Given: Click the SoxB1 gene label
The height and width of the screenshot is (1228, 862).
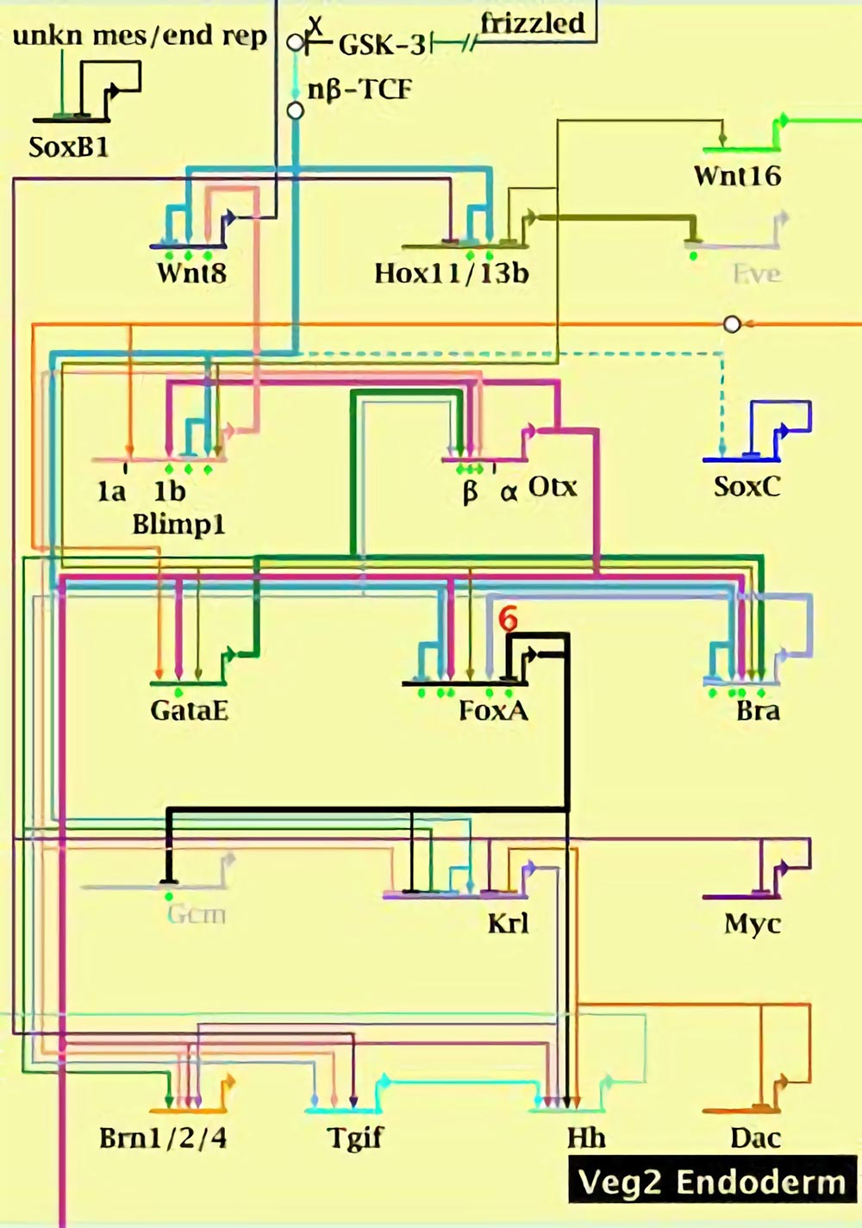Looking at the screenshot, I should [x=69, y=147].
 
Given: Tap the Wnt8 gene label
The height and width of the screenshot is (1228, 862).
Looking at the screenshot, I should [x=191, y=273].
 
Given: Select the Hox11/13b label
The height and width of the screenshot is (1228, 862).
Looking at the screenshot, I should [x=451, y=273].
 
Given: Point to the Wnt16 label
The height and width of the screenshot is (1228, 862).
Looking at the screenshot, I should [x=737, y=177].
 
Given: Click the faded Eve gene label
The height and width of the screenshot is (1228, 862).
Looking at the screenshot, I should [x=756, y=274].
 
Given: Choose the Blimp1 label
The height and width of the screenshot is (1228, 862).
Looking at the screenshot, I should [x=178, y=524].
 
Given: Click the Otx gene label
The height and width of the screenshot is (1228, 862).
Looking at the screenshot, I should [x=553, y=487].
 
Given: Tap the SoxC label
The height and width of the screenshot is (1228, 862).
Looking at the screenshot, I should [x=746, y=487].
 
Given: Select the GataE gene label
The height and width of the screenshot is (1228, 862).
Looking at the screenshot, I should [x=189, y=711].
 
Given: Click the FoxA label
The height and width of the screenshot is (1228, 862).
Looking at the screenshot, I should [x=493, y=711].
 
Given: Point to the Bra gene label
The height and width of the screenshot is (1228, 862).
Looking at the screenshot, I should [x=758, y=711].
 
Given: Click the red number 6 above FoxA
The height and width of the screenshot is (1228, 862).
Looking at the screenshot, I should [x=509, y=619].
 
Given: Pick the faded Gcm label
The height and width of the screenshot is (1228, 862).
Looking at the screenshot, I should [x=197, y=913].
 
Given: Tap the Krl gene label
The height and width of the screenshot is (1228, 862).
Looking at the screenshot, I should [x=508, y=924].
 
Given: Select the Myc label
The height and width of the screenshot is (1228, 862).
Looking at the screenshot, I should [x=752, y=924].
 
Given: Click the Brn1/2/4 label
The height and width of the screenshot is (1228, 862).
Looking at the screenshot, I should [x=163, y=1138].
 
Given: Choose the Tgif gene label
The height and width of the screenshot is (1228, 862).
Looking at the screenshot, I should [x=355, y=1138].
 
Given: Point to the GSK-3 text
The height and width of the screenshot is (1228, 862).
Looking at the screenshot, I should [x=382, y=45].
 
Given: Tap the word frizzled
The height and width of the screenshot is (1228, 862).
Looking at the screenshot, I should [x=533, y=23].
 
